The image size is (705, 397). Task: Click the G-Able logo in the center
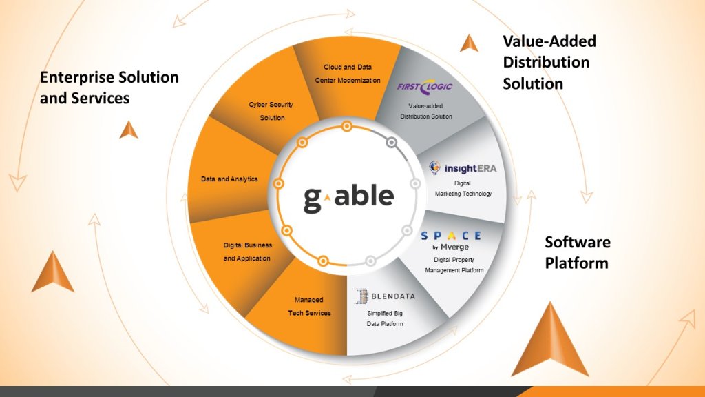[x=348, y=196]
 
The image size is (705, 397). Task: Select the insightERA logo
[x=462, y=167]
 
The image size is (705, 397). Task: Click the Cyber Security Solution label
[x=272, y=111]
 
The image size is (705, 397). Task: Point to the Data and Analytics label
[x=229, y=179]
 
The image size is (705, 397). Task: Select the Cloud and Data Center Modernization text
[x=348, y=74]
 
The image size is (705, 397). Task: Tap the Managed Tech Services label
[x=308, y=307]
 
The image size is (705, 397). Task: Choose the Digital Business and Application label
[x=248, y=252]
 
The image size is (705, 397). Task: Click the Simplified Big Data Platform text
[x=385, y=318]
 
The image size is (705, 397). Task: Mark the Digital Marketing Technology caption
[x=463, y=189]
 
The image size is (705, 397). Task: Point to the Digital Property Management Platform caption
[x=454, y=265]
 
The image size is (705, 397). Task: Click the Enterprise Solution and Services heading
[x=109, y=88]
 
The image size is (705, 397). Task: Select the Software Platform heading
[x=577, y=252]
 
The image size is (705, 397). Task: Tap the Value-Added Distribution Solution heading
[x=549, y=62]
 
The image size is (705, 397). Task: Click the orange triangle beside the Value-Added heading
[x=469, y=43]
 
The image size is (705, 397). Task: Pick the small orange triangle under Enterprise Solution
[x=129, y=130]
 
